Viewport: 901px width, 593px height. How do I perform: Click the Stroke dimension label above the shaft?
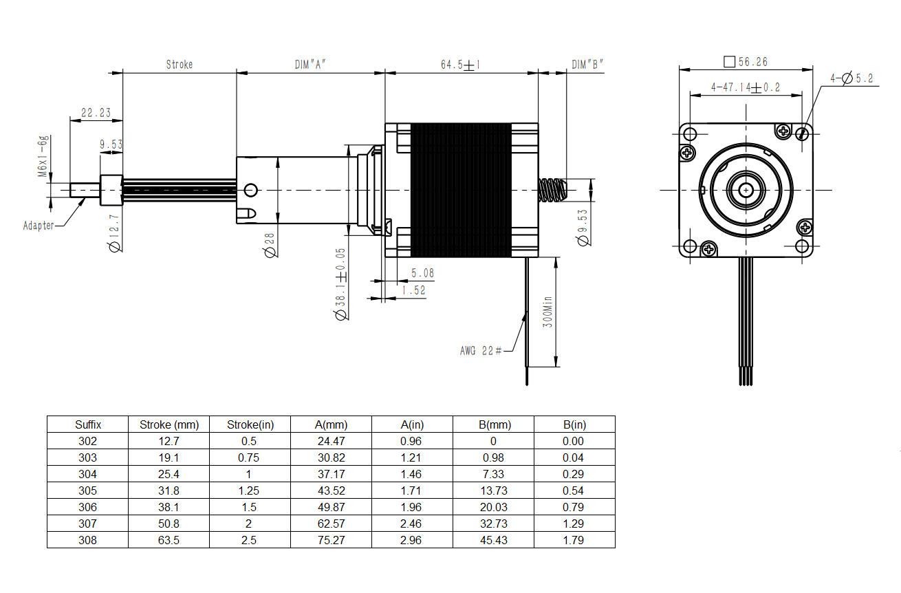(x=180, y=65)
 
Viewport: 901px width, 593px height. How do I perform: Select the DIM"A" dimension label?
(x=310, y=65)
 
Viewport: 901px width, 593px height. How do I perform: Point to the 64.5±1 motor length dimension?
(x=461, y=65)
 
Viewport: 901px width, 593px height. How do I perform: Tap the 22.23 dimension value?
(x=96, y=113)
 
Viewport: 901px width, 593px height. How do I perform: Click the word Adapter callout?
(x=39, y=225)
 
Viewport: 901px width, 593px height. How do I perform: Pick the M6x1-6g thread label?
(x=43, y=156)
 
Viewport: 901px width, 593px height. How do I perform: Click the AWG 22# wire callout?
(x=481, y=351)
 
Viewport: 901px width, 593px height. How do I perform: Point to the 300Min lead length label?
(x=547, y=312)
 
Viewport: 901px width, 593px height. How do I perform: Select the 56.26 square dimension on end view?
(x=746, y=62)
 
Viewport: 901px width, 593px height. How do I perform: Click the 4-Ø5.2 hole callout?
(x=852, y=78)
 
